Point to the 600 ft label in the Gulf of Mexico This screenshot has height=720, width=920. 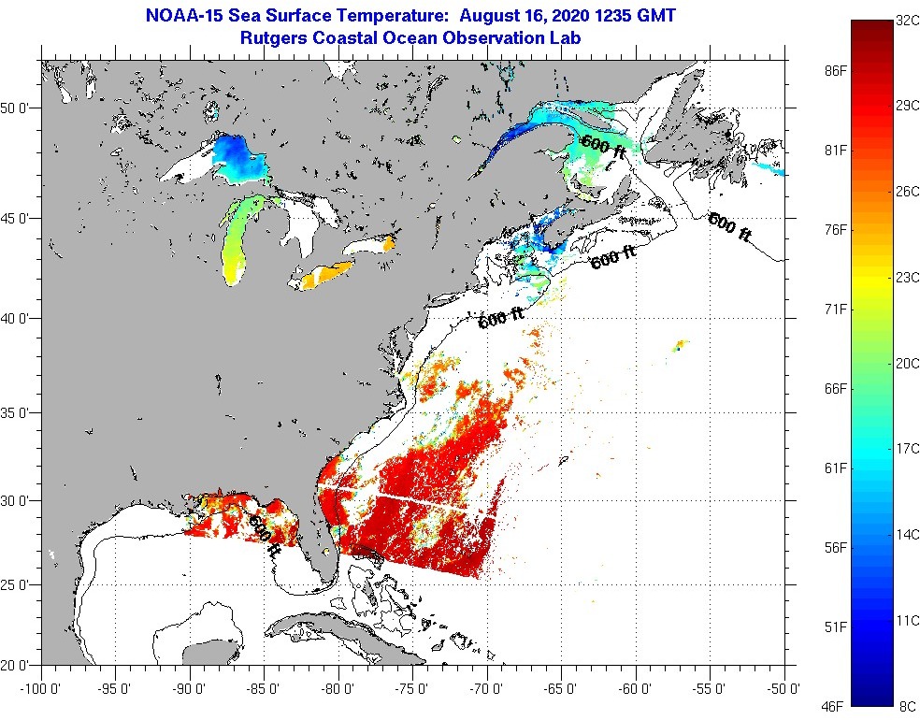pyautogui.click(x=266, y=530)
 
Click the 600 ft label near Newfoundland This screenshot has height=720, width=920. pyautogui.click(x=730, y=228)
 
